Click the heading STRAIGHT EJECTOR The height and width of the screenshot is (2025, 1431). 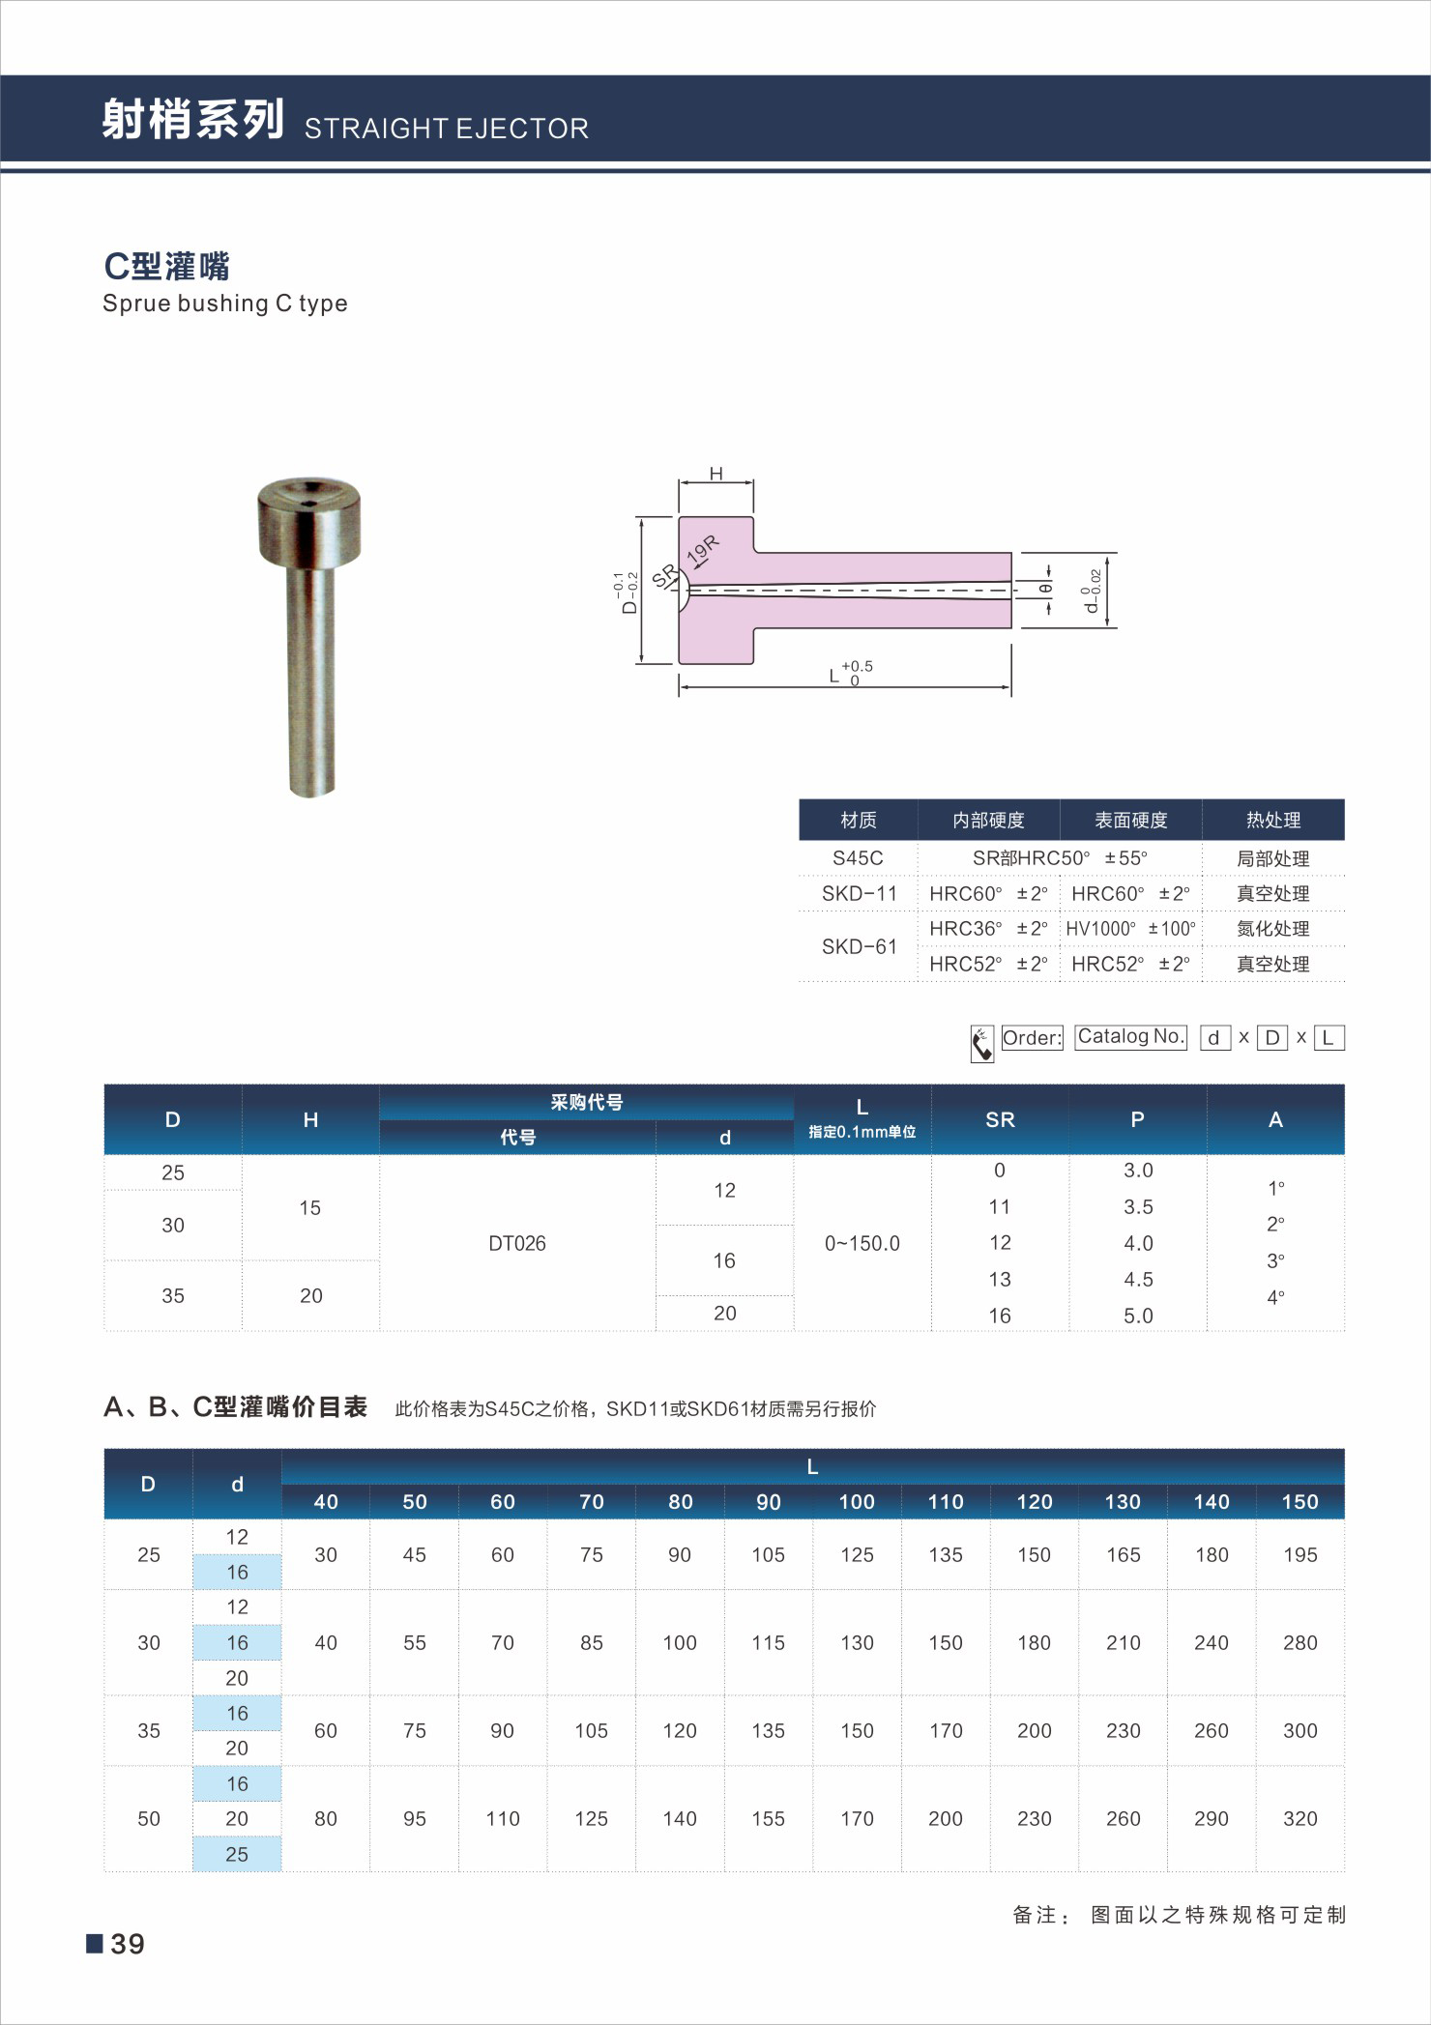coord(446,129)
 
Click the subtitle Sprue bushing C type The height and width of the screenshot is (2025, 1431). coord(224,304)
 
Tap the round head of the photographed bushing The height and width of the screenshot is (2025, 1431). coord(309,522)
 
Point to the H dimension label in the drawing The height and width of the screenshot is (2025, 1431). coord(715,474)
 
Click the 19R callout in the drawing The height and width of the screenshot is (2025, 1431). coord(703,550)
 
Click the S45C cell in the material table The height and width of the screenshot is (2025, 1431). coord(858,858)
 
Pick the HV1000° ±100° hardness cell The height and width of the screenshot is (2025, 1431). coord(1130,929)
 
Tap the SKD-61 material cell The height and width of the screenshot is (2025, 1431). coord(859,946)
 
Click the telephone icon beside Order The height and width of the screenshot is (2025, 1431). coord(981,1043)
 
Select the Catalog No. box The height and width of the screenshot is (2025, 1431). coord(1130,1037)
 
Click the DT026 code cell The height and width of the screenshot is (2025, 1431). coord(517,1243)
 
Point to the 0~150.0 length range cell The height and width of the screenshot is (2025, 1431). coord(862,1243)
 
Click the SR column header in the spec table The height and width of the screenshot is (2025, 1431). coord(1000,1119)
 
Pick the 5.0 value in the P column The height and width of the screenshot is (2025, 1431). coord(1138,1316)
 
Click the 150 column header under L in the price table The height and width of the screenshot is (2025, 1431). coord(1300,1501)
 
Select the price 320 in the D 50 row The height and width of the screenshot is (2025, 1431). coord(1300,1818)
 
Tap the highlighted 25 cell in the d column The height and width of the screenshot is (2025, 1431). coord(237,1854)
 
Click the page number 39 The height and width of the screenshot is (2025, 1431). coord(127,1944)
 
